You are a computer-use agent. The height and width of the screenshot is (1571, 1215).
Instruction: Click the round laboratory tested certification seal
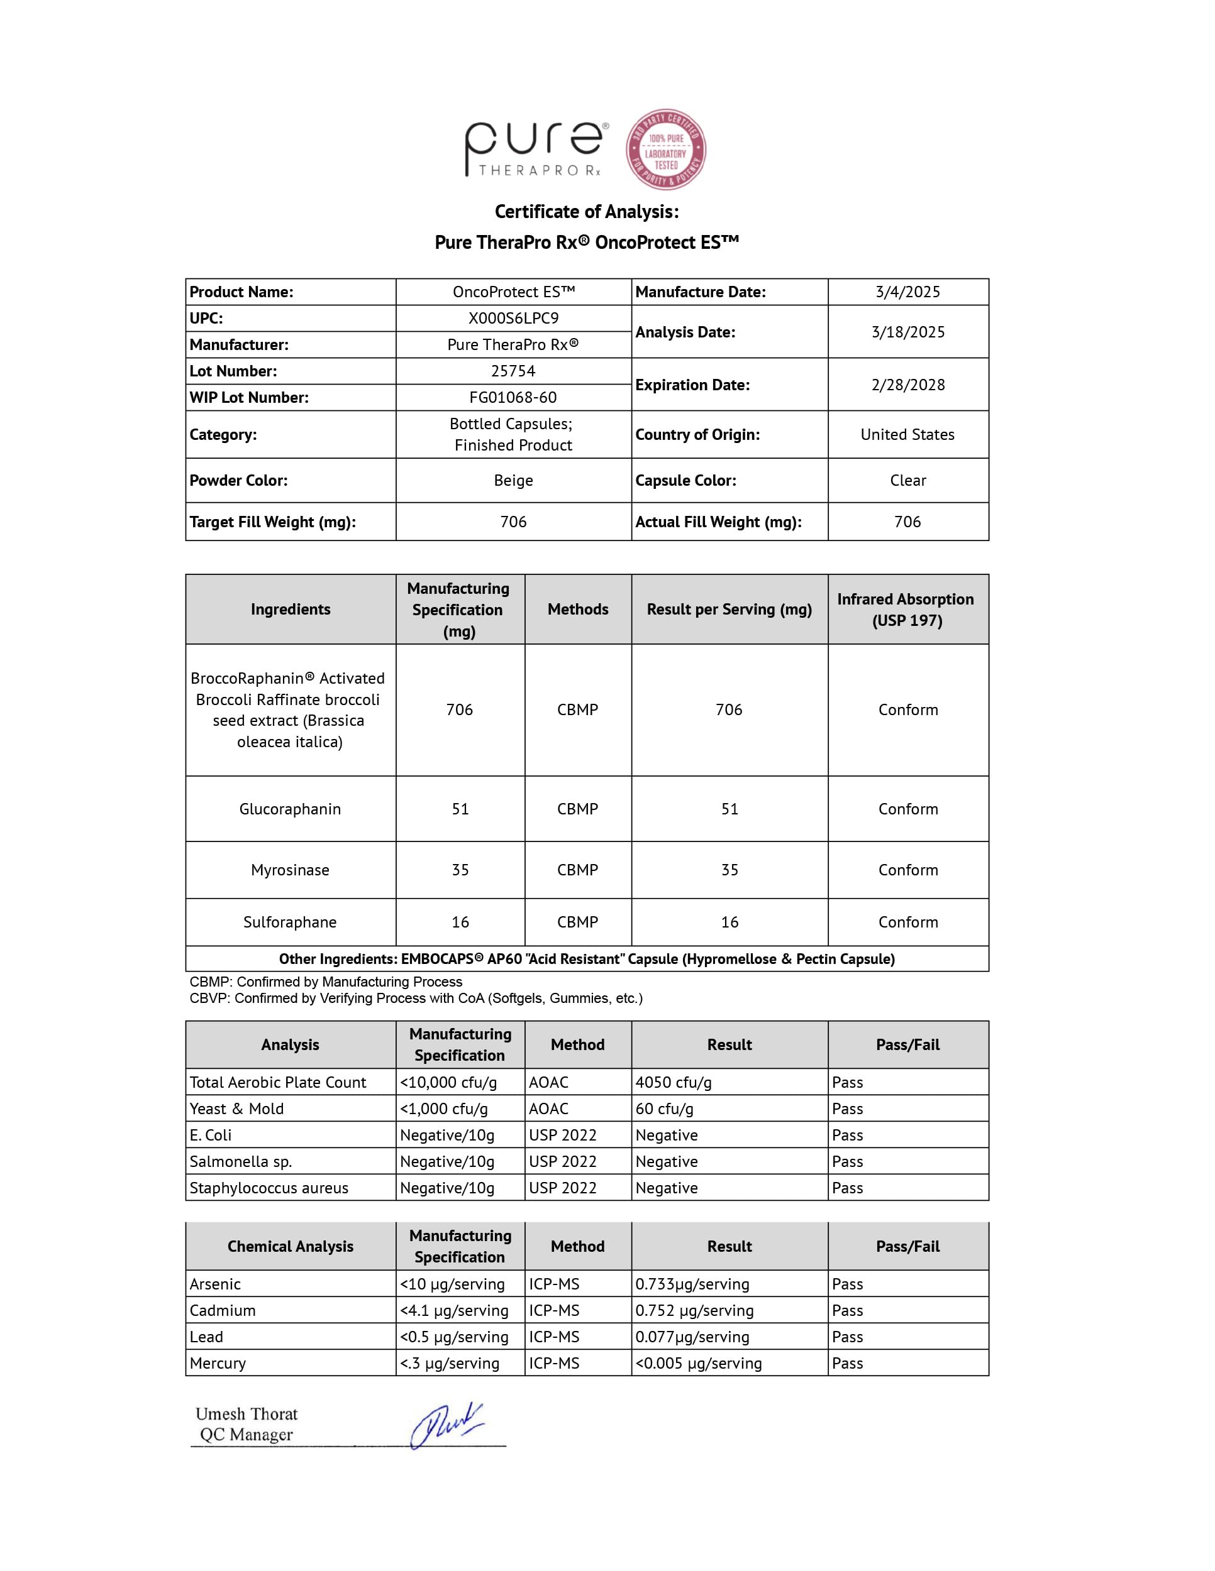point(665,150)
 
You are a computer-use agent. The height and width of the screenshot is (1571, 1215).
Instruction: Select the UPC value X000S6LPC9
point(513,318)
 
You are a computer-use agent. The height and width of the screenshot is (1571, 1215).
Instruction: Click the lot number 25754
point(513,371)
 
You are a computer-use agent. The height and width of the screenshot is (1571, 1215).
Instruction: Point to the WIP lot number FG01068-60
point(513,398)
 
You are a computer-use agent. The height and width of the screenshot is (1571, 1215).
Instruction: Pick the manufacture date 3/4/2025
point(907,292)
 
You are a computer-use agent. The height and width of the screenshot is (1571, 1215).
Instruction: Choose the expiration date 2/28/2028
point(907,385)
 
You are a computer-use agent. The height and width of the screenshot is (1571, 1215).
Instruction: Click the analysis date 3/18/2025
point(907,332)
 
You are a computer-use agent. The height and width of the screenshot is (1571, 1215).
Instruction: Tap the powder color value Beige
point(513,481)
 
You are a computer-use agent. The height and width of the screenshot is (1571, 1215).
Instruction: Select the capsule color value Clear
point(907,481)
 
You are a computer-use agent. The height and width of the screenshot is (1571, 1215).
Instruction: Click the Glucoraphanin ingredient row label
point(290,809)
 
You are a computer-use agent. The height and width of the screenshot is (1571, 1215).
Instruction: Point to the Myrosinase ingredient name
point(290,870)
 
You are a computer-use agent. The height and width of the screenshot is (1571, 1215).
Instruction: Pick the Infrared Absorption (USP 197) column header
point(906,610)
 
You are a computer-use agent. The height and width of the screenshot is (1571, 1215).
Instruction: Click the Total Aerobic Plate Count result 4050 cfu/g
point(674,1083)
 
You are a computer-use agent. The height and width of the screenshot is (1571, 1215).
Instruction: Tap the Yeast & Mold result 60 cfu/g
point(664,1109)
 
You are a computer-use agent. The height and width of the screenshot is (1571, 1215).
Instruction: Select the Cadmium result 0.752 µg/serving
point(694,1311)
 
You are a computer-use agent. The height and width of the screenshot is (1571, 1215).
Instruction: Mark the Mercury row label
point(218,1364)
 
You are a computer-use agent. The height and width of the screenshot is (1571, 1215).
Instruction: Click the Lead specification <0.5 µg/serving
point(454,1337)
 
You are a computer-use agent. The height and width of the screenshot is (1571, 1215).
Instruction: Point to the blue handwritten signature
point(447,1426)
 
